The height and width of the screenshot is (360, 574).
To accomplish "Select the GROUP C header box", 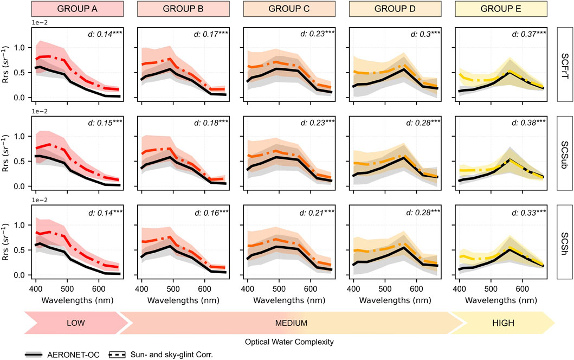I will coord(289,9).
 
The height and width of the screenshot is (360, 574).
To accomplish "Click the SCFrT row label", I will coord(565,64).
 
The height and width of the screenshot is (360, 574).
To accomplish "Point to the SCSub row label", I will coord(565,153).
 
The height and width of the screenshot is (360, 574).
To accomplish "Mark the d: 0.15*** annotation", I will coord(104,123).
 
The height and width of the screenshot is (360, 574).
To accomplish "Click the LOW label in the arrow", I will coord(76,323).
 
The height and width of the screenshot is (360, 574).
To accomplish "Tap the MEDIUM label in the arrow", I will coord(291,323).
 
